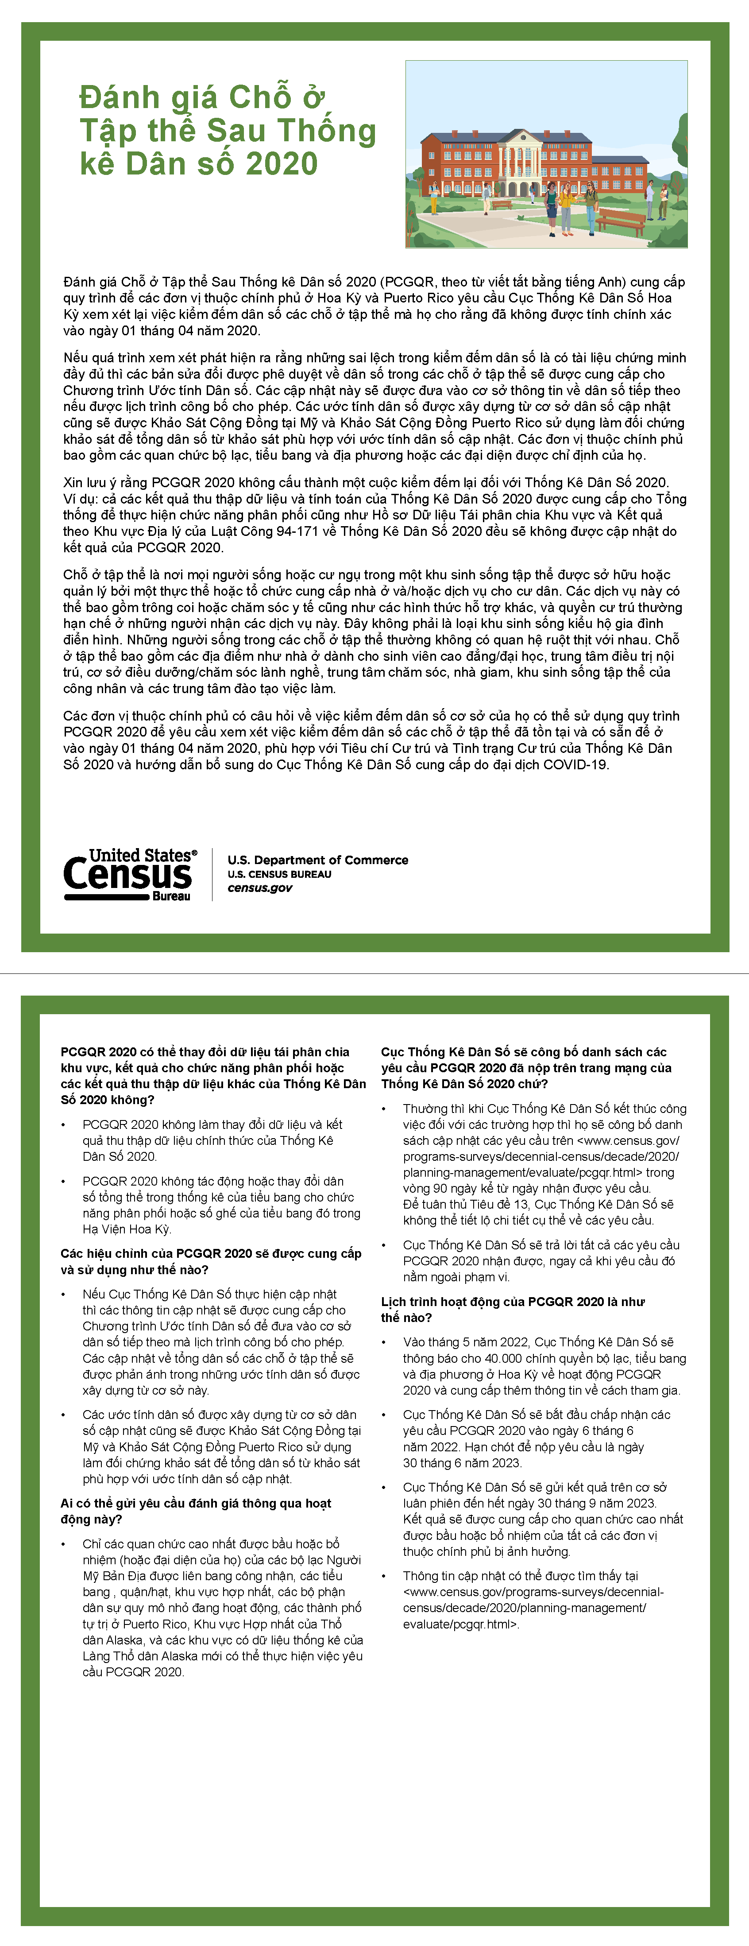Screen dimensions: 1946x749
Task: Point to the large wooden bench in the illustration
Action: coord(621,220)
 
